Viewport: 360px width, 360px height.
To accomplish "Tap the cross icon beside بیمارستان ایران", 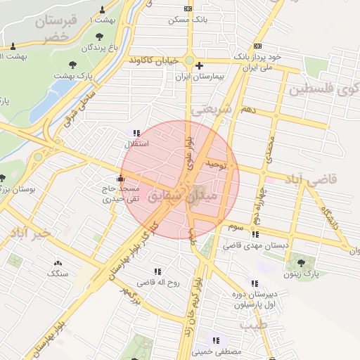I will pos(200,65).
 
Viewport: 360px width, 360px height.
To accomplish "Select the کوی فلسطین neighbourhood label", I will pos(324,90).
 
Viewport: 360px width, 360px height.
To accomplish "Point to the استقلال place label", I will pos(133,144).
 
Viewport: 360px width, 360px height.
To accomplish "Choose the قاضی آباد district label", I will pos(332,180).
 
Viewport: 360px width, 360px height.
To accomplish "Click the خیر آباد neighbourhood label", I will pos(27,232).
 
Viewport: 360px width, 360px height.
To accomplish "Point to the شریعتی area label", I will pos(211,110).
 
